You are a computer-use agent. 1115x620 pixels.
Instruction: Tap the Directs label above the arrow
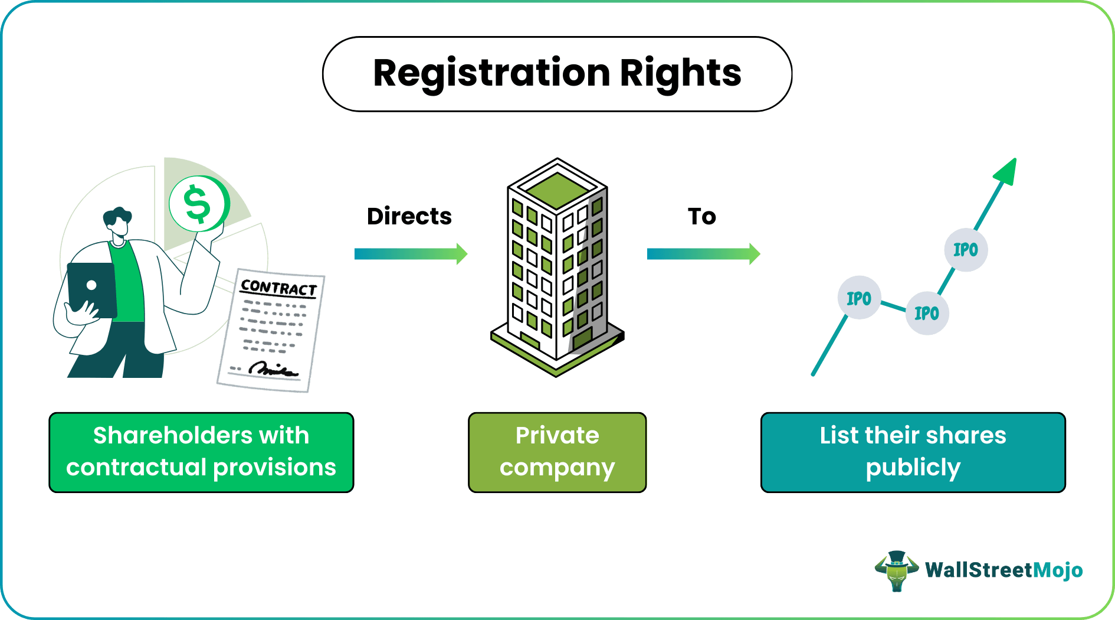coord(409,217)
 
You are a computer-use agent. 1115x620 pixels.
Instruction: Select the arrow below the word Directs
coord(410,254)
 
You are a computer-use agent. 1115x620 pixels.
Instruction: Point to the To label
coord(701,217)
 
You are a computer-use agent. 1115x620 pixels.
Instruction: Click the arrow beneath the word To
coord(703,254)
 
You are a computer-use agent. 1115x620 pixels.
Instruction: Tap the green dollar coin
coord(198,204)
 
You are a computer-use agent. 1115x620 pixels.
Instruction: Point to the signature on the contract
coord(273,370)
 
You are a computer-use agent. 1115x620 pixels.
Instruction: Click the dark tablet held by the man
coord(92,289)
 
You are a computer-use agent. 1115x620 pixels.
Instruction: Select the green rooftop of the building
coord(557,188)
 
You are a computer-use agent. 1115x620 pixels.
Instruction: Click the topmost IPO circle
coord(966,250)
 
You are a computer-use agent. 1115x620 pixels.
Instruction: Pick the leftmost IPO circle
coord(859,298)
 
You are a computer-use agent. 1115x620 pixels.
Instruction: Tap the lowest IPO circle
coord(927,314)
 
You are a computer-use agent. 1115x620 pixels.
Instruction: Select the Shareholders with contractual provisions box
coord(201,452)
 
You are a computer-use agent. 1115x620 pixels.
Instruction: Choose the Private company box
coord(557,452)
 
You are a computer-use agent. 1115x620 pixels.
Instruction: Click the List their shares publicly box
coord(913,452)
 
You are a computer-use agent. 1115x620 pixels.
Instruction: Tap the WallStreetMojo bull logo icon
coord(896,570)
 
